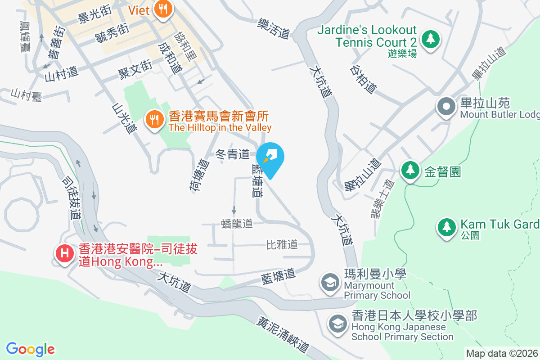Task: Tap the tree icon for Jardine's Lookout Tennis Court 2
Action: [x=431, y=39]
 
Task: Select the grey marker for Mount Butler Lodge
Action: [x=446, y=108]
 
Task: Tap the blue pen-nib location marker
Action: [x=270, y=157]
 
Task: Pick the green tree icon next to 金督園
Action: [x=410, y=170]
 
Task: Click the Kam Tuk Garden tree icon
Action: [x=446, y=226]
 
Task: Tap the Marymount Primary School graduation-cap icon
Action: [x=330, y=283]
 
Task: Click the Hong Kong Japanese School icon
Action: [x=337, y=323]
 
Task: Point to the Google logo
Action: [x=30, y=349]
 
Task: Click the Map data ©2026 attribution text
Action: [x=502, y=354]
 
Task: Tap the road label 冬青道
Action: [x=233, y=155]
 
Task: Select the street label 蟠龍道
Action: [x=237, y=223]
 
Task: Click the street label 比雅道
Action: [x=282, y=244]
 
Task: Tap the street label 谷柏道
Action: [x=363, y=79]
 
